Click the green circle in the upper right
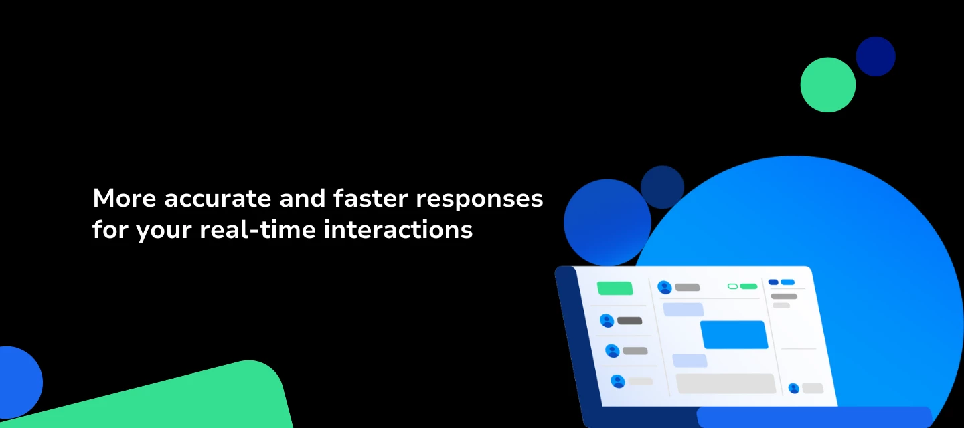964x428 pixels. (828, 85)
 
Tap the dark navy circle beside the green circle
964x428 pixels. (876, 56)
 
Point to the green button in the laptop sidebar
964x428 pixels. (615, 288)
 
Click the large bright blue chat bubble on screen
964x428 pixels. (734, 334)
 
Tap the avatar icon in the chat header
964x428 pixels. (665, 287)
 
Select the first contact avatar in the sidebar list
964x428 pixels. (607, 321)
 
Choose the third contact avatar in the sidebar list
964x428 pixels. (617, 381)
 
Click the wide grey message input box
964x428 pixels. (726, 383)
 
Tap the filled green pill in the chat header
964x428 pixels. (748, 286)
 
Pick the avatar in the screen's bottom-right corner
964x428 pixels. (794, 388)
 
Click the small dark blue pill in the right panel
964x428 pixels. (773, 282)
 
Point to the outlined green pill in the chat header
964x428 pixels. (732, 286)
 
